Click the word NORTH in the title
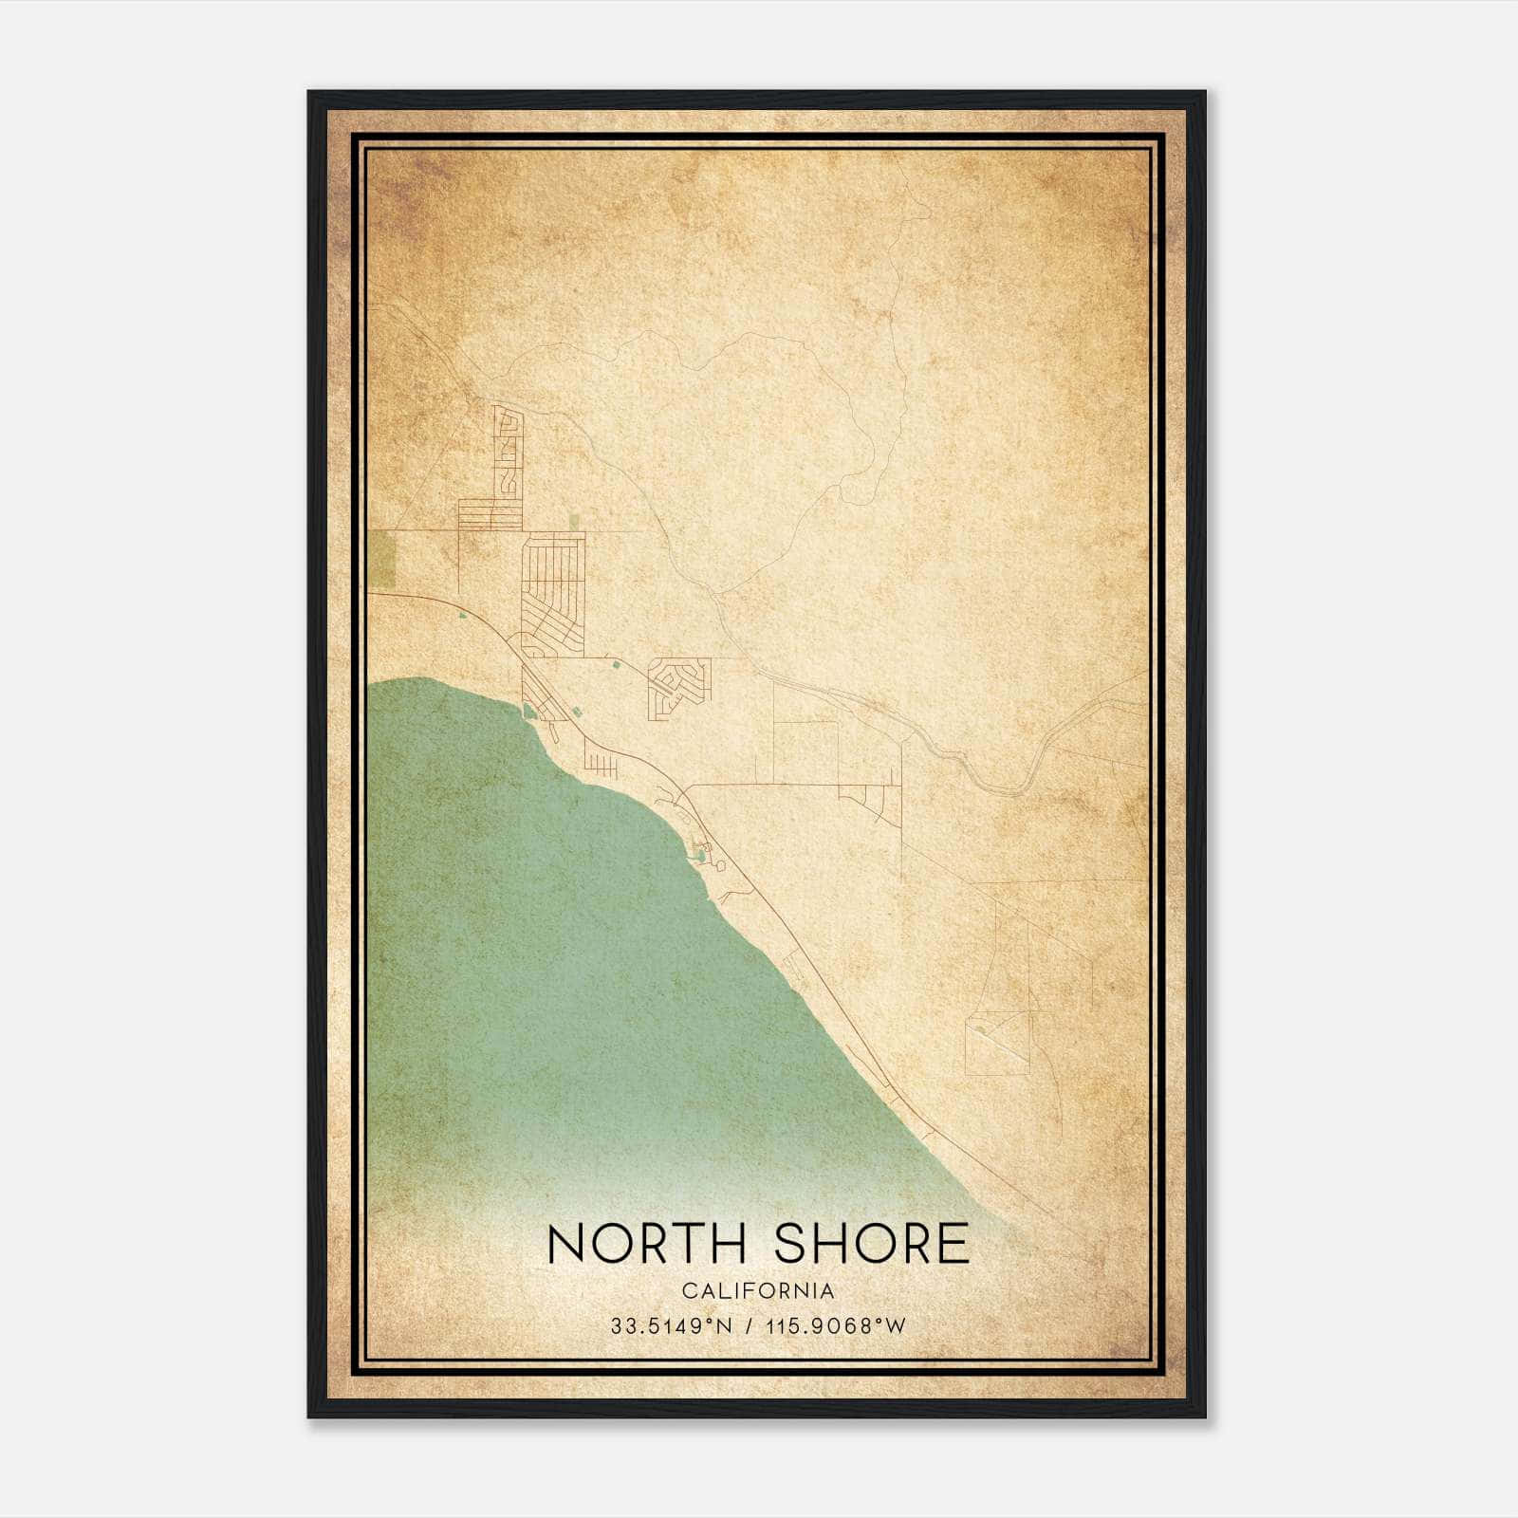[x=651, y=1244]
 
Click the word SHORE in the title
[x=872, y=1244]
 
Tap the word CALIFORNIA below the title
[x=758, y=1291]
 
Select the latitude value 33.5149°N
[x=672, y=1326]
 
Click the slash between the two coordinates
[x=751, y=1326]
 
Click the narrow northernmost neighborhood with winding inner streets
[x=508, y=452]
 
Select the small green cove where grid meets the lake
[x=529, y=709]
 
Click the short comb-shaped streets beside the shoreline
[x=602, y=763]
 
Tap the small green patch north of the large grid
[x=575, y=520]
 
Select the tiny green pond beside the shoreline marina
[x=699, y=857]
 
